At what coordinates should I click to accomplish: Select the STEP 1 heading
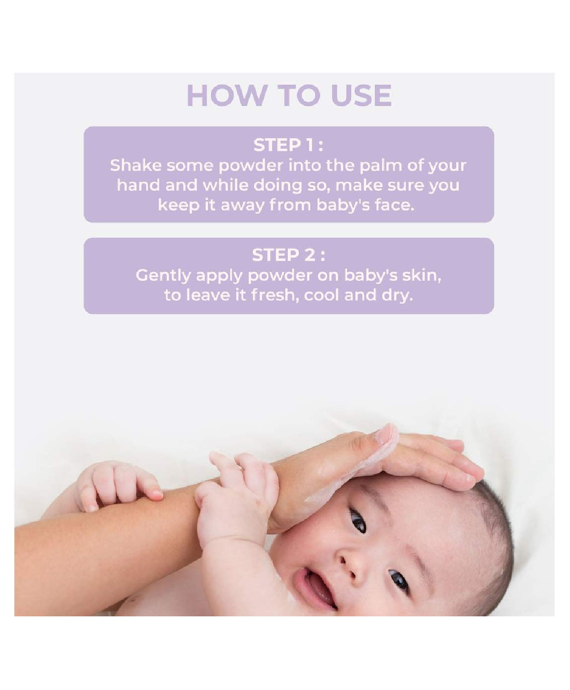point(288,145)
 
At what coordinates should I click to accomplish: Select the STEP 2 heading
point(288,255)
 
